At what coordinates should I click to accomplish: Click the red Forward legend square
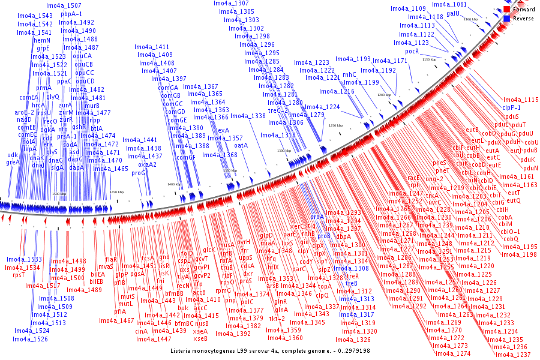(x=507, y=10)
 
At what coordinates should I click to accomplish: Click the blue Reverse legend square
(x=507, y=19)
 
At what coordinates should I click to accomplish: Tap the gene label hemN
(x=42, y=40)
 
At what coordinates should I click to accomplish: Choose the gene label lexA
(x=223, y=130)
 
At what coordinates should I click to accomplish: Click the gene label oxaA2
(x=147, y=164)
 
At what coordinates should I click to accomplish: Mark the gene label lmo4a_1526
(x=31, y=339)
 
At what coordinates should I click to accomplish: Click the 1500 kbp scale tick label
(x=59, y=194)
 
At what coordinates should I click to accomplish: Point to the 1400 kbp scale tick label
(x=174, y=184)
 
